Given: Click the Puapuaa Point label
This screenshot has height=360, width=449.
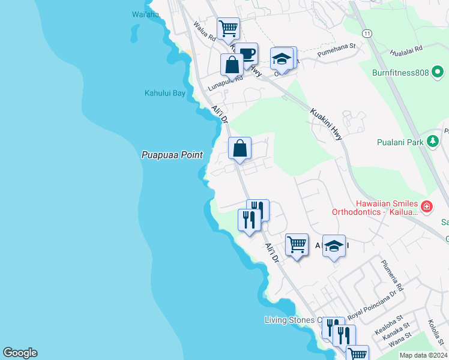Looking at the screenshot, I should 172,155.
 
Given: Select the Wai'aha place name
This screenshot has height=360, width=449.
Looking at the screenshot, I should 145,14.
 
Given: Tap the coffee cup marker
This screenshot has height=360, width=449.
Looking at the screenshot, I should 246,54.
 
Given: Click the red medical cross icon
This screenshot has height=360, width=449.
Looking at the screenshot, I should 427,207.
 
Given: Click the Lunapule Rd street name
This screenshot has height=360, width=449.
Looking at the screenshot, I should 226,82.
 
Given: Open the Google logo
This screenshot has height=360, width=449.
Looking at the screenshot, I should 20,353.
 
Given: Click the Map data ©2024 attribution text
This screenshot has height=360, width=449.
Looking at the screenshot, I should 424,355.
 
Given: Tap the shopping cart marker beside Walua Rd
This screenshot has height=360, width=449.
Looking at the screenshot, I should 228,28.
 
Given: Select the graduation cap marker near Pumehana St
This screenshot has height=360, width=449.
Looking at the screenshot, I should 281,59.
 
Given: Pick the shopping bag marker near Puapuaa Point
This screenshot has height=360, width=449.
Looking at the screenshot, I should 240,148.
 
